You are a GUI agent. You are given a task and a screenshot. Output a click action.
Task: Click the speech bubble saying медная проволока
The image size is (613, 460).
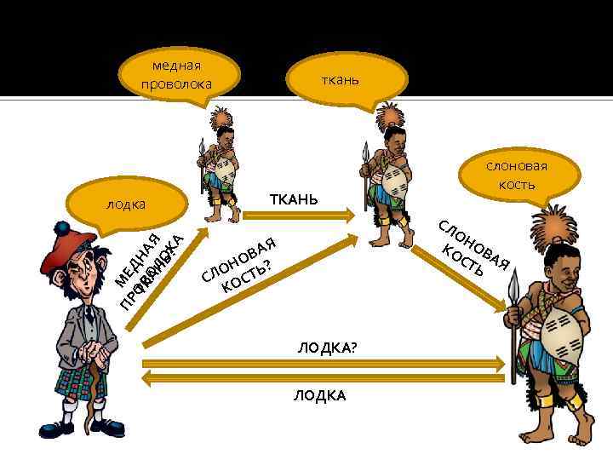[176, 75]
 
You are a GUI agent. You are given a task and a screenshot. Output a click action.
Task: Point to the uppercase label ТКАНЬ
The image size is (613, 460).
[294, 199]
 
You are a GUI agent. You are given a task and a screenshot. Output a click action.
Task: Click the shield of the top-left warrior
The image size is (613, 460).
[223, 171]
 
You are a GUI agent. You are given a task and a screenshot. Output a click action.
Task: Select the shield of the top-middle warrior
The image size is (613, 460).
[392, 184]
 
